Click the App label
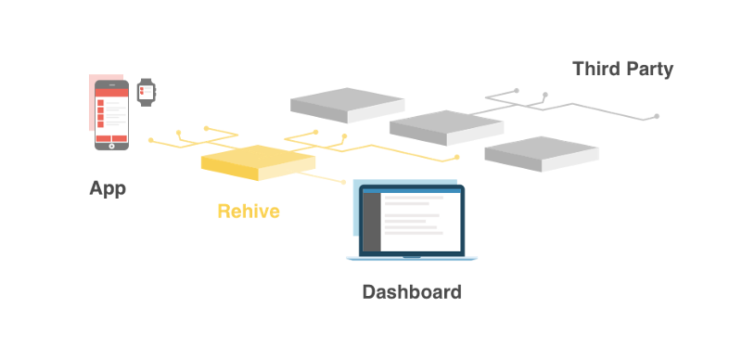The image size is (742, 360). pyautogui.click(x=108, y=189)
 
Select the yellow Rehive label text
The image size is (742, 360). pyautogui.click(x=249, y=212)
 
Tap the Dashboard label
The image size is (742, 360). pyautogui.click(x=412, y=291)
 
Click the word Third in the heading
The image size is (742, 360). pyautogui.click(x=595, y=69)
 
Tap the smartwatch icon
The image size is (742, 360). pyautogui.click(x=147, y=93)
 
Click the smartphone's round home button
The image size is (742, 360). pyautogui.click(x=111, y=146)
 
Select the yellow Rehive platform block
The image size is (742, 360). pyautogui.click(x=259, y=162)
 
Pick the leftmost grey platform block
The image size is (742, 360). pyautogui.click(x=347, y=105)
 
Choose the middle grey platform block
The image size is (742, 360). pyautogui.click(x=447, y=128)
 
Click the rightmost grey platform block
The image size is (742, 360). pyautogui.click(x=542, y=154)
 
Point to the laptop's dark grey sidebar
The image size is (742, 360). pyautogui.click(x=372, y=222)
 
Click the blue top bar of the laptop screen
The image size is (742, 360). pyautogui.click(x=412, y=191)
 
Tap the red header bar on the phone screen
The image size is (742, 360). pyautogui.click(x=111, y=93)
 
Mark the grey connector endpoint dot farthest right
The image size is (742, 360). pyautogui.click(x=657, y=116)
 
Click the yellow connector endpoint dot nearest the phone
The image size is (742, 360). pyautogui.click(x=151, y=140)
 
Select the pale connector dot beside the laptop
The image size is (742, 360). pyautogui.click(x=344, y=182)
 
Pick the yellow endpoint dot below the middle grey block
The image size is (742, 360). pyautogui.click(x=456, y=157)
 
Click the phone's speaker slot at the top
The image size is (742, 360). pyautogui.click(x=111, y=85)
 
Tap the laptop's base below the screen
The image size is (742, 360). pyautogui.click(x=412, y=258)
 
